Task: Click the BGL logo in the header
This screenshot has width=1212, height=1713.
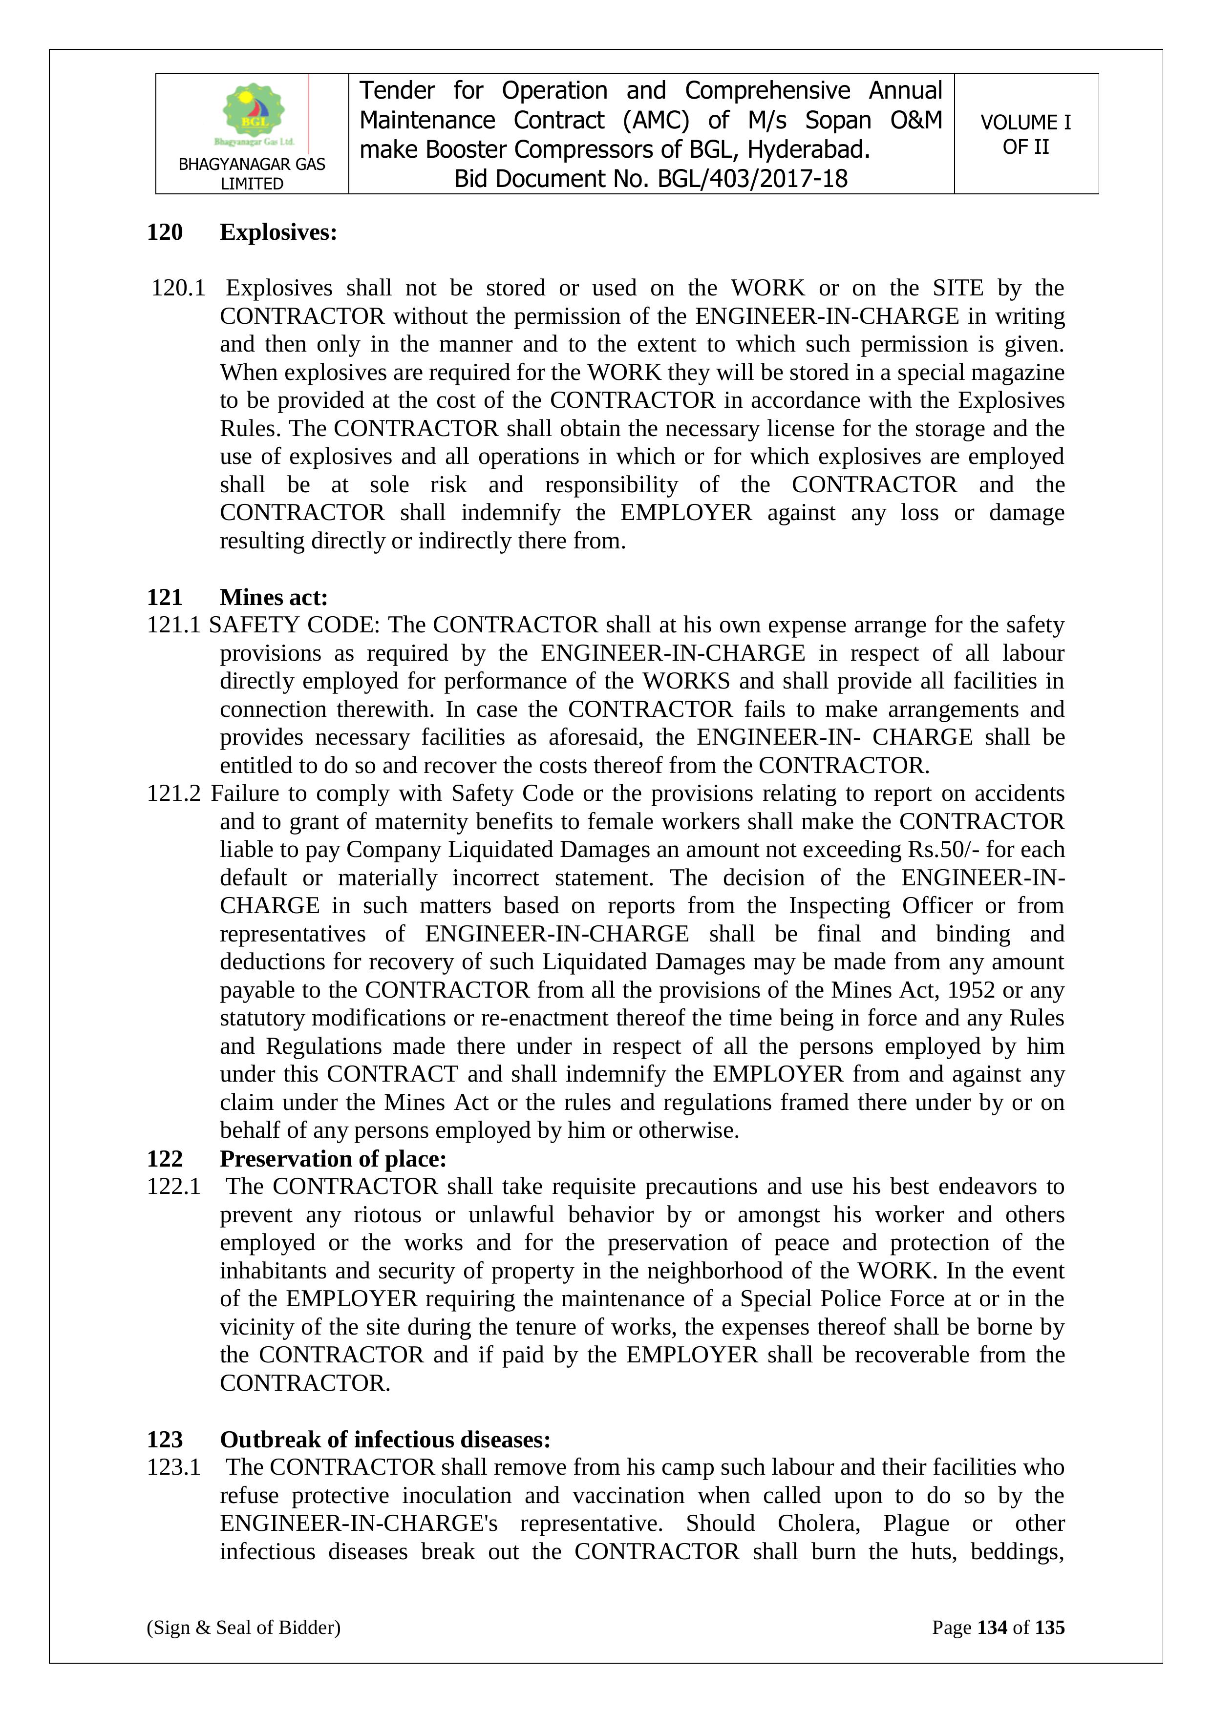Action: point(254,113)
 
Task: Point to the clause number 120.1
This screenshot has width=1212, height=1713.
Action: point(178,288)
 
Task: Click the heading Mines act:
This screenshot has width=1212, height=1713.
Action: point(274,597)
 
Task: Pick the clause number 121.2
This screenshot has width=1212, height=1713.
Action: point(174,793)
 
